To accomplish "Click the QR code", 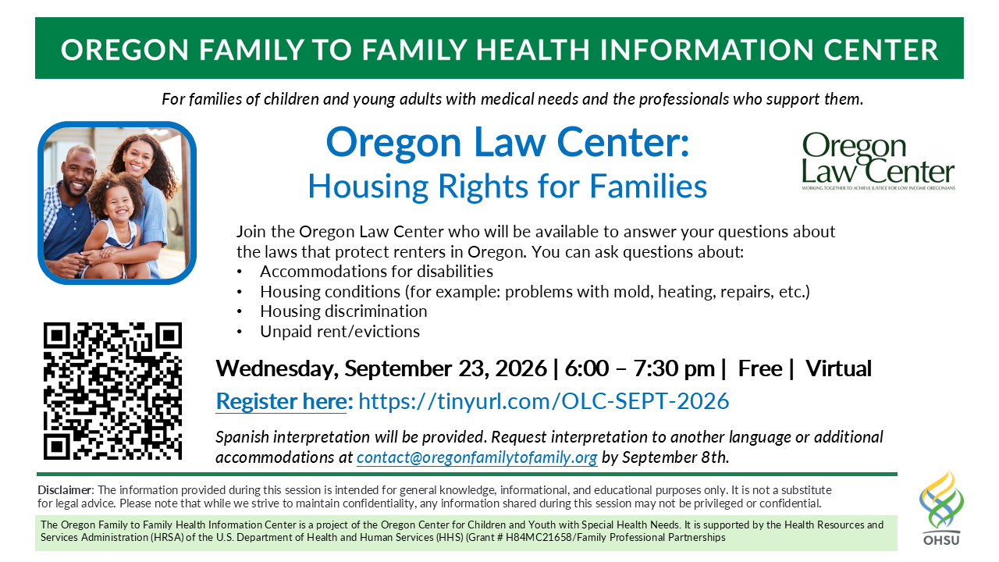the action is click(x=112, y=391).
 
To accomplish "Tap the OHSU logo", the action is click(x=941, y=507).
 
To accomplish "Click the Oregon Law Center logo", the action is click(x=878, y=161).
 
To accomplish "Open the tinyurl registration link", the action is click(x=543, y=400).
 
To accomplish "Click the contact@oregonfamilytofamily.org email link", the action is click(x=477, y=457).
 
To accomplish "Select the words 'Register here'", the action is click(x=282, y=401).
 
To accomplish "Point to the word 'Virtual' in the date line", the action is click(x=838, y=368).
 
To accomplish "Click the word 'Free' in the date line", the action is click(x=760, y=368).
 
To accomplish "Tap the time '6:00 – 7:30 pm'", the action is click(x=639, y=368).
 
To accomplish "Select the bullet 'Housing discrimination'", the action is click(x=343, y=311).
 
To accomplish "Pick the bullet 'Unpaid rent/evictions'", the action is click(x=340, y=332).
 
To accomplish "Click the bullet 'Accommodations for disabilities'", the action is click(x=376, y=271).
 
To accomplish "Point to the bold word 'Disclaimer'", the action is click(x=65, y=489).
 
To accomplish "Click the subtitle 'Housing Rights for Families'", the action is click(x=507, y=186).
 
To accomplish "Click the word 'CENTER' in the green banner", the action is click(x=881, y=49).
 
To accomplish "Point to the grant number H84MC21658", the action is click(x=539, y=538).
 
